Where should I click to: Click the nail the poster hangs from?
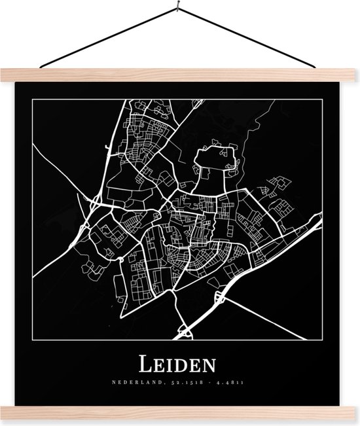(180, 8)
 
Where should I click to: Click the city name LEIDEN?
(180, 362)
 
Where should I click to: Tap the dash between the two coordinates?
(201, 380)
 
